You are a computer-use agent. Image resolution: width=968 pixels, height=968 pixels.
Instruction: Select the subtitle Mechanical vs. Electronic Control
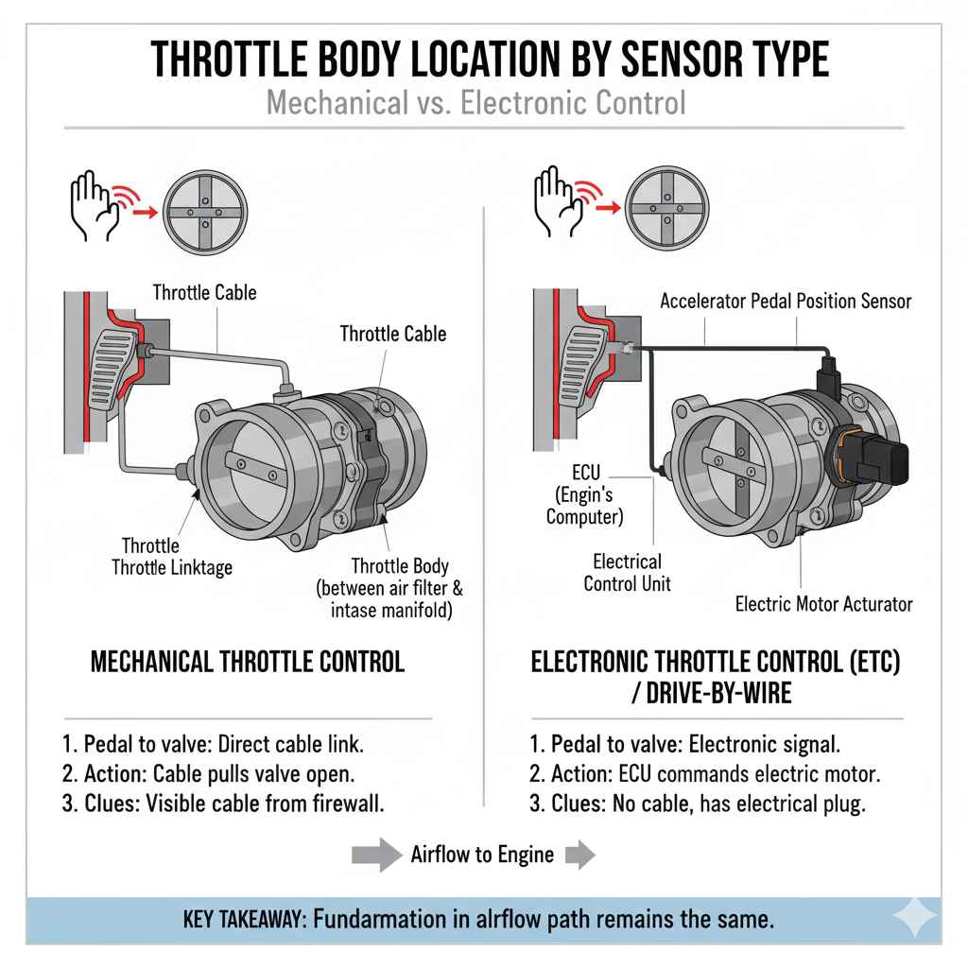pos(476,101)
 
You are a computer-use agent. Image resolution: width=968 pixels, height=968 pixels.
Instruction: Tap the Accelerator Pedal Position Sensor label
pos(785,302)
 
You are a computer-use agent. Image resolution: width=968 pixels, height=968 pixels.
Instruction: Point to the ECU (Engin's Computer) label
pos(585,492)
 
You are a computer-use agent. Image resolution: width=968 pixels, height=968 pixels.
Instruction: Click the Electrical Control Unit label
pos(627,572)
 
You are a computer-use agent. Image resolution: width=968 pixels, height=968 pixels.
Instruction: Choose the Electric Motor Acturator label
pos(823,603)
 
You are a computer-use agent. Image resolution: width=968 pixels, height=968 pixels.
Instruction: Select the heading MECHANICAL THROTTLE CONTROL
pos(247,661)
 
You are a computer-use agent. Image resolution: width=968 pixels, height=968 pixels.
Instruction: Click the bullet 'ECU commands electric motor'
pos(704,773)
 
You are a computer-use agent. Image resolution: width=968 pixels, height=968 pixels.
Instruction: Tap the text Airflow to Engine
pos(482,855)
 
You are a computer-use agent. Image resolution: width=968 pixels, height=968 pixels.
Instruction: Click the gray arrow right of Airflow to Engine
pos(579,855)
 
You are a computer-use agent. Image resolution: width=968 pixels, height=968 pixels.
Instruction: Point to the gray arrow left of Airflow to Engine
pos(376,855)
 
